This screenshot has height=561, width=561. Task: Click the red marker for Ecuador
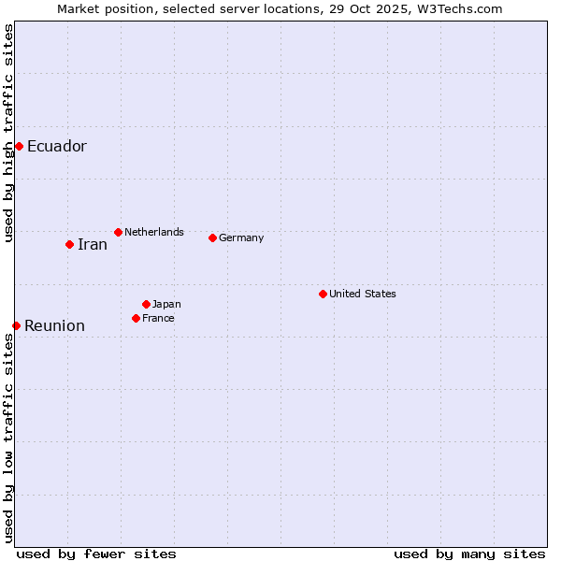point(19,146)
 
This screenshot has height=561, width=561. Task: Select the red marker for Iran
point(69,244)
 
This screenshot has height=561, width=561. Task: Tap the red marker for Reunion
point(16,325)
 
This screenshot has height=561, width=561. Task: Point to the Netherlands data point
point(118,232)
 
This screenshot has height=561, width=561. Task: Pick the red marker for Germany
point(212,237)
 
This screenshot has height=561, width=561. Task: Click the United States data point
point(323,294)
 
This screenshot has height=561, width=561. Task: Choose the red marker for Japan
point(146,304)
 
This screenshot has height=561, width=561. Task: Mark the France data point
point(136,318)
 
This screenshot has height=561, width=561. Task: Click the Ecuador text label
point(56,146)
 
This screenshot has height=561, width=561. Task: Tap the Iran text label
point(92,244)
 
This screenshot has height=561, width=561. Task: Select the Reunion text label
point(54,325)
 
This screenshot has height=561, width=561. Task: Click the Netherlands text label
point(153,232)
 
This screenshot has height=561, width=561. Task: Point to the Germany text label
point(241,237)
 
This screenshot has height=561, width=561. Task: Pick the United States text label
point(362,294)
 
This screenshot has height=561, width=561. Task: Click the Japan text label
point(166,304)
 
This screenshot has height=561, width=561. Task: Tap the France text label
point(158,318)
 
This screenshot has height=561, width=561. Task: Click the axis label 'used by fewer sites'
point(96,554)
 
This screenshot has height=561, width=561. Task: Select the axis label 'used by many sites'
point(469,554)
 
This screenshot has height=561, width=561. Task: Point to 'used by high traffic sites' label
point(9,133)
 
